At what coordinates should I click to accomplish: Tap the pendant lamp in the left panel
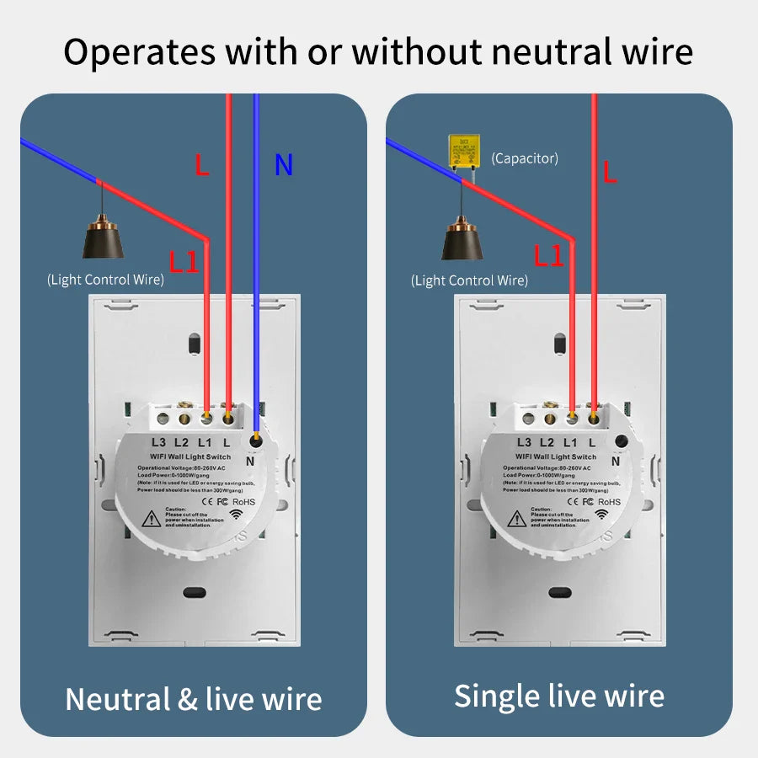pyautogui.click(x=104, y=240)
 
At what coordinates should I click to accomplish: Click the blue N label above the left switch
pyautogui.click(x=284, y=166)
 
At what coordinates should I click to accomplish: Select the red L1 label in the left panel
pyautogui.click(x=184, y=262)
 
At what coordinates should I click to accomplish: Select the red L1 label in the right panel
pyautogui.click(x=549, y=256)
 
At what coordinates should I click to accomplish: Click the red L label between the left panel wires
pyautogui.click(x=201, y=165)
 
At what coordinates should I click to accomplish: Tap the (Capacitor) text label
pyautogui.click(x=525, y=157)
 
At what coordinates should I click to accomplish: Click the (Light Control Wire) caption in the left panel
pyautogui.click(x=105, y=280)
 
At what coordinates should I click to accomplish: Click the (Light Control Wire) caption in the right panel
pyautogui.click(x=469, y=280)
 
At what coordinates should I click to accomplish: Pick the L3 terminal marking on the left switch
pyautogui.click(x=158, y=442)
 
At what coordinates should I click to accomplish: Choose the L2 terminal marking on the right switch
pyautogui.click(x=547, y=442)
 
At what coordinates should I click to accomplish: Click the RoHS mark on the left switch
pyautogui.click(x=243, y=503)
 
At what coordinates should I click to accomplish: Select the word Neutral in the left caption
pyautogui.click(x=117, y=699)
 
